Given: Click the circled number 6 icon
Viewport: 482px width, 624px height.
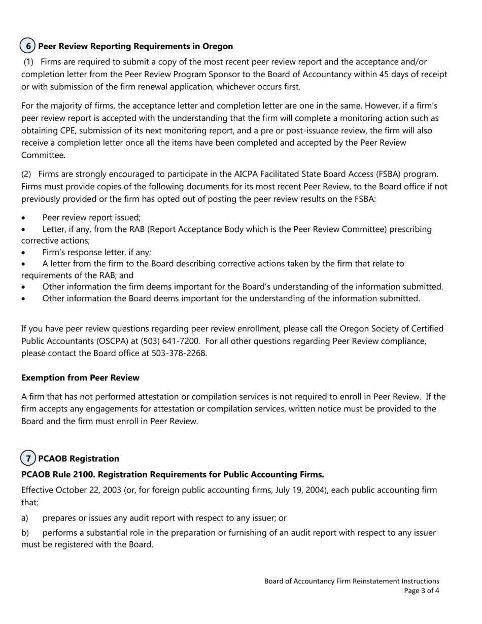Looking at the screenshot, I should point(27,46).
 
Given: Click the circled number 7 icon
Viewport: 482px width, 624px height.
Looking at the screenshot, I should point(28,458).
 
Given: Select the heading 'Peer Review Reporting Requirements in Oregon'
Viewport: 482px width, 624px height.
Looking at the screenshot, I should point(135,46).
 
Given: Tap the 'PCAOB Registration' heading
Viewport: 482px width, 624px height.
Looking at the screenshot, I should point(79,459).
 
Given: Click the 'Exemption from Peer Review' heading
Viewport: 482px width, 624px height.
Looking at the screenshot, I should point(80,378).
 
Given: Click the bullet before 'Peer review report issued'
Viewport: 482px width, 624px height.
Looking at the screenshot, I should point(24,218).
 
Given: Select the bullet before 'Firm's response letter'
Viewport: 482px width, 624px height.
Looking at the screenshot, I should point(24,253).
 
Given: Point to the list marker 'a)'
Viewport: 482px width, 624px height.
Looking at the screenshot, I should point(25,518).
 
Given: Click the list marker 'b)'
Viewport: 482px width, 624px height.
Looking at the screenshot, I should point(25,533).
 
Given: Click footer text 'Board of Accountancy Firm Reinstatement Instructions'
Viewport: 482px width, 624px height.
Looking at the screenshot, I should point(352,581).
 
